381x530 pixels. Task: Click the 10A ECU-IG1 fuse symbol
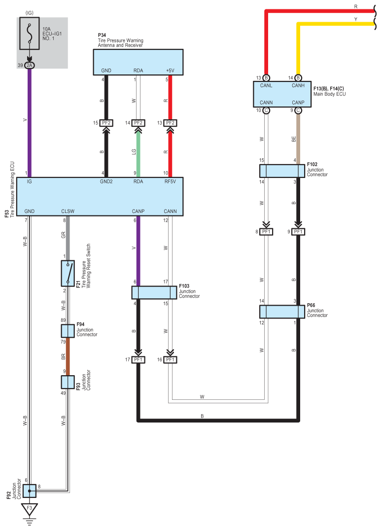coord(30,34)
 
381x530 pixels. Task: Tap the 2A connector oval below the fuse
coord(30,65)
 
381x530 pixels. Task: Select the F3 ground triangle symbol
coord(30,509)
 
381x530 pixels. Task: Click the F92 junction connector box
coord(30,491)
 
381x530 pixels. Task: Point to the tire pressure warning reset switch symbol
coord(68,273)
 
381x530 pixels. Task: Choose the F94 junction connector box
coord(68,331)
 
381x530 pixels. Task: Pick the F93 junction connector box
coord(68,382)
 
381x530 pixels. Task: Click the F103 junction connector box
coord(154,293)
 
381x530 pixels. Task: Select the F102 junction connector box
coord(282,171)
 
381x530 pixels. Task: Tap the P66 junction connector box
coord(282,312)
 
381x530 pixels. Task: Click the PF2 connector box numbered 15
coord(106,123)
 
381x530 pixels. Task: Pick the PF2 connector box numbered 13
coord(170,123)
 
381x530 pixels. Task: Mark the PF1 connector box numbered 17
coord(138,359)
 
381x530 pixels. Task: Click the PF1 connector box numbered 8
coord(266,232)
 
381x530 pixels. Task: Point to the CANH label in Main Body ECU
coord(298,85)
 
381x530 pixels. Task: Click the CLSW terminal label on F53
coord(68,211)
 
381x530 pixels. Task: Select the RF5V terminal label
coord(170,181)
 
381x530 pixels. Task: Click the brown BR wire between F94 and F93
coord(68,356)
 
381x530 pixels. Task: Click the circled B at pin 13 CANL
coord(266,78)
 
